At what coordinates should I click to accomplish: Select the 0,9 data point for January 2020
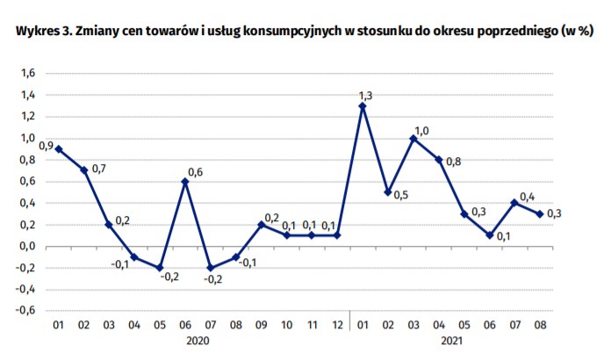click(x=59, y=149)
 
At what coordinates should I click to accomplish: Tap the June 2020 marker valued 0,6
click(x=185, y=182)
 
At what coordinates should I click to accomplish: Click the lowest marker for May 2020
click(x=160, y=268)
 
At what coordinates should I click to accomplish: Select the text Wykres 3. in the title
click(x=44, y=31)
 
